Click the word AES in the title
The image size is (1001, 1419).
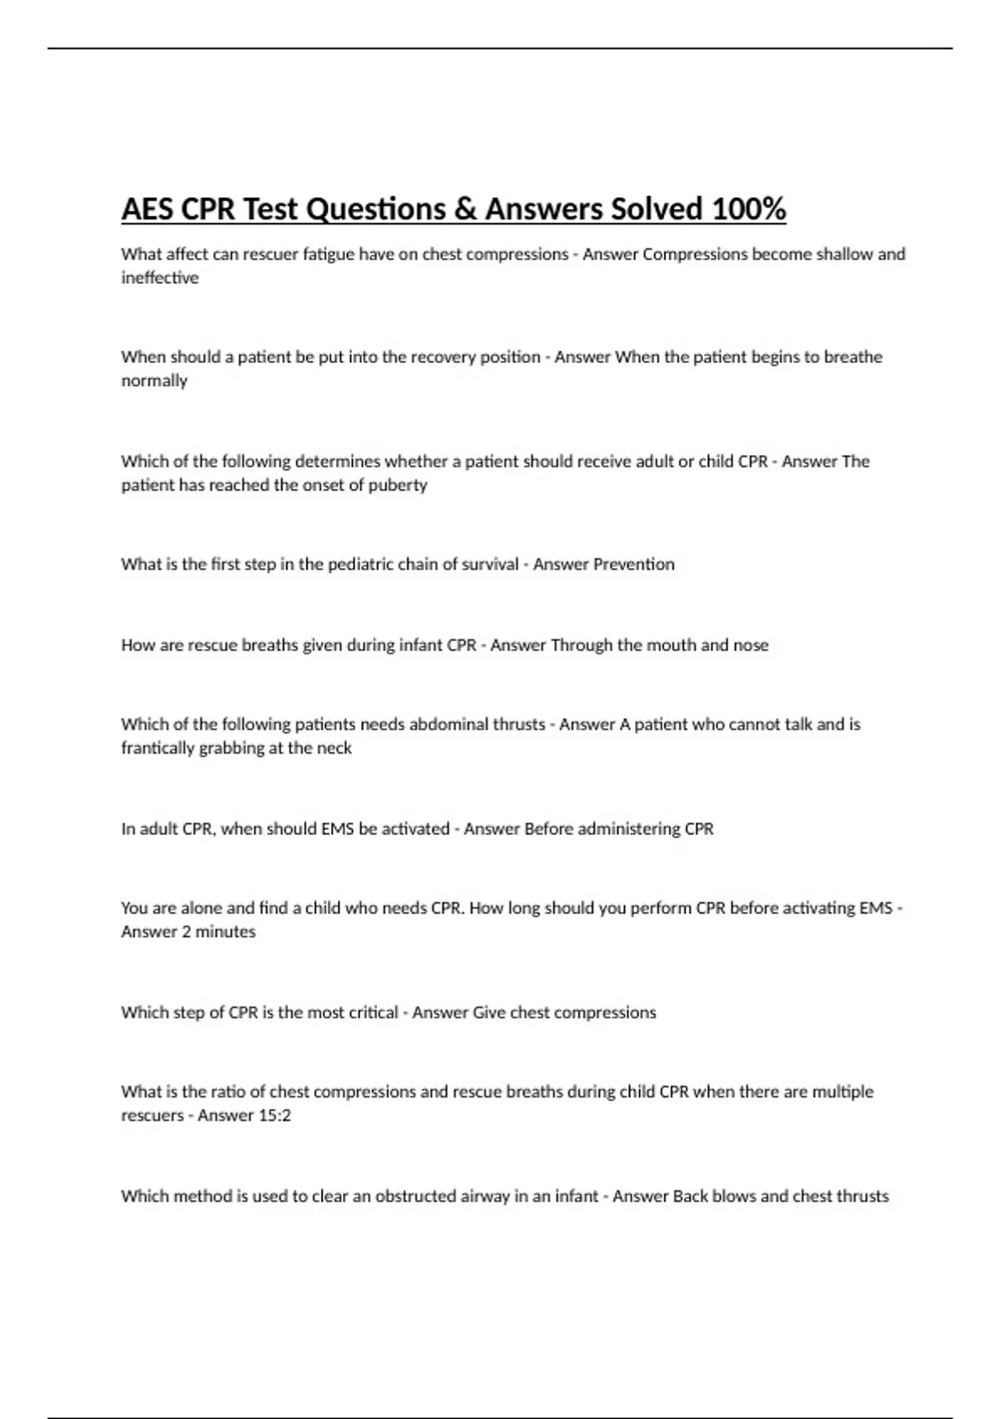148,209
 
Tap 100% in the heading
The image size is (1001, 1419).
749,209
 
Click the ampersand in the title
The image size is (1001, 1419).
465,209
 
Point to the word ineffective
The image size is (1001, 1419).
159,278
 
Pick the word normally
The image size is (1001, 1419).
154,381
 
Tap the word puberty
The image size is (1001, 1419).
399,485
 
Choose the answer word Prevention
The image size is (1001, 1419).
633,564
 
